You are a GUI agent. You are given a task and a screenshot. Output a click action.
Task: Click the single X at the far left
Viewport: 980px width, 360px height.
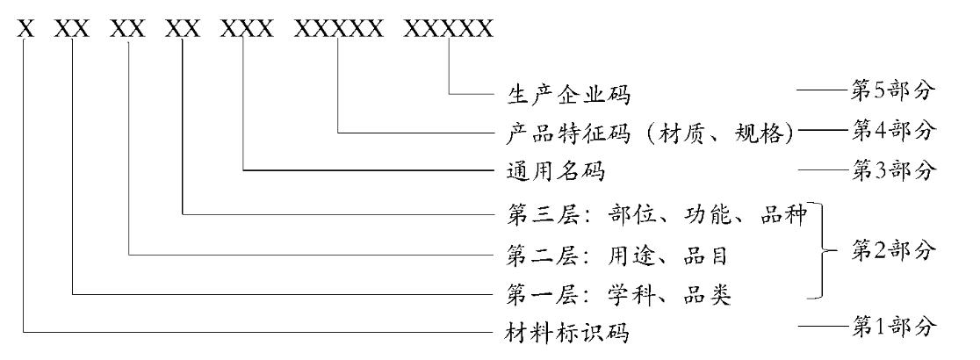click(x=25, y=28)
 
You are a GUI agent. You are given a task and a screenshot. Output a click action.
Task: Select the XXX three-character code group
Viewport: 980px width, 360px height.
click(x=244, y=28)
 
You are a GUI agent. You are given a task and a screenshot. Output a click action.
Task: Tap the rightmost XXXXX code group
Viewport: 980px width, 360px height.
click(x=449, y=28)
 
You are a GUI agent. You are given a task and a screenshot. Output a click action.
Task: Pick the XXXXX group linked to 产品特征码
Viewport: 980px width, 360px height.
click(x=339, y=28)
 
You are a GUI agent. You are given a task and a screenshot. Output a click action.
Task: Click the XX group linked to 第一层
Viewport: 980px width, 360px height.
click(x=72, y=28)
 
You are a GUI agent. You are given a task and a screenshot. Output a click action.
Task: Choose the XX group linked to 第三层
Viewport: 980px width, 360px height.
click(x=183, y=28)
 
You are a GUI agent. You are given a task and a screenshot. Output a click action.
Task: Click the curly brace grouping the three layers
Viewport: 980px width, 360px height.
click(x=823, y=252)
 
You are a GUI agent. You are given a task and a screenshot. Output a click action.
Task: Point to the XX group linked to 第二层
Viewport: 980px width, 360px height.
click(x=128, y=28)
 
